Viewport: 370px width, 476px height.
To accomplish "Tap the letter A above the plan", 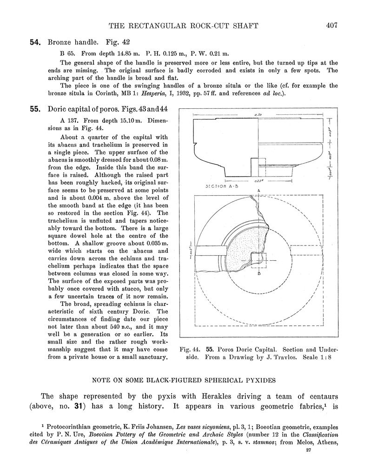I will pos(258,191).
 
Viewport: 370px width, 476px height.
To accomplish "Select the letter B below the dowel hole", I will pos(259,273).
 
